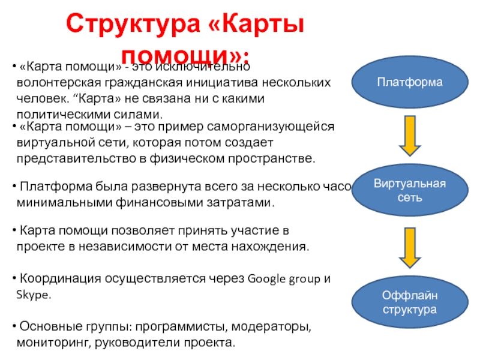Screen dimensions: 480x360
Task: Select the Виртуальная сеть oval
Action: (410, 190)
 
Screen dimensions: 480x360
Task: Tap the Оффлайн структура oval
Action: (410, 303)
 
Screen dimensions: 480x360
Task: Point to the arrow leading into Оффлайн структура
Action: (410, 248)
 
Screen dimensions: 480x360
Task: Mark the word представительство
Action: (69, 159)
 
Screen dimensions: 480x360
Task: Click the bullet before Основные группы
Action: (14, 327)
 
